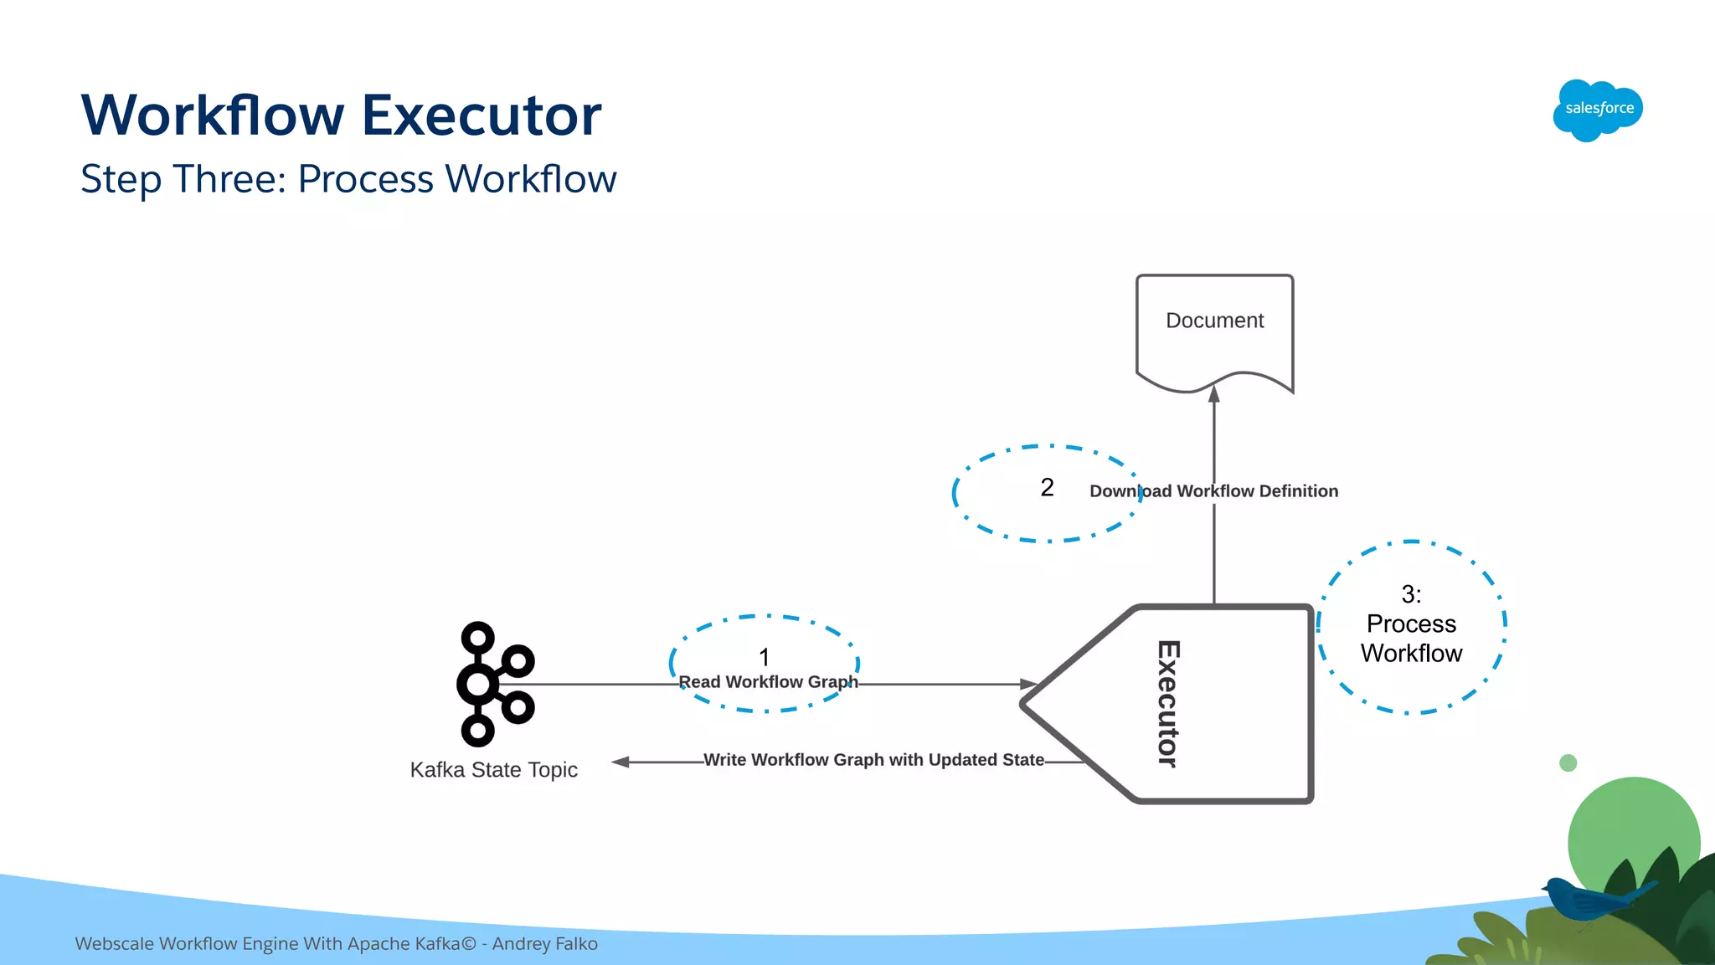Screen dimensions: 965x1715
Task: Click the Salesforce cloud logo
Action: pos(1598,110)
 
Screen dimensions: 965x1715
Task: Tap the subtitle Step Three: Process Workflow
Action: pos(348,179)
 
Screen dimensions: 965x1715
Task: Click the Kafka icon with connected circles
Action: pos(494,684)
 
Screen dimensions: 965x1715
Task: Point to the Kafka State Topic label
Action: pos(493,770)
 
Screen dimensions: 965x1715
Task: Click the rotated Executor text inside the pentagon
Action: pos(1168,704)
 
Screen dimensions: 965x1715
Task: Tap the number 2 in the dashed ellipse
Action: pos(1047,488)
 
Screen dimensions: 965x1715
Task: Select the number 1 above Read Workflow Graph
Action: pos(764,657)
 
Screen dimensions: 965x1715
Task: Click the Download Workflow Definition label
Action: pos(1213,491)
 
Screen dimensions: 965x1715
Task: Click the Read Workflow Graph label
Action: pos(768,682)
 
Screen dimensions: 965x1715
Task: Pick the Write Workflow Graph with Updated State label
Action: pos(873,760)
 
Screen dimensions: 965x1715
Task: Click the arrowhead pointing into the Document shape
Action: pos(1214,394)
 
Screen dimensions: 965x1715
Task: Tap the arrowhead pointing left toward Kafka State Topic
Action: pos(621,762)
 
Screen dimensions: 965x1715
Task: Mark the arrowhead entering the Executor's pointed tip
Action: pos(1029,684)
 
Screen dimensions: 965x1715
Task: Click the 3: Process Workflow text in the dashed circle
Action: pos(1411,624)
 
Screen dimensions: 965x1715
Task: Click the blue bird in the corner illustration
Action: pos(1583,899)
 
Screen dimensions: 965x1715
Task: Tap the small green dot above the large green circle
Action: pos(1568,762)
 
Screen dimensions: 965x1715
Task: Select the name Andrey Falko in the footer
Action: pos(545,944)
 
